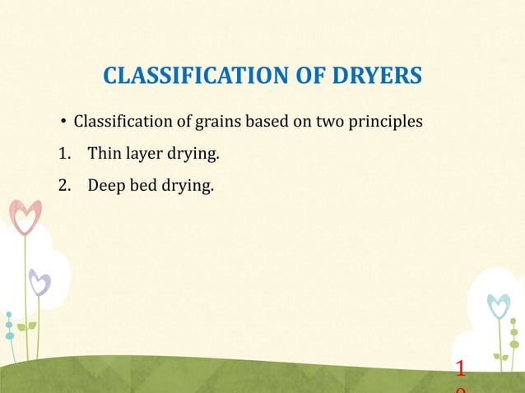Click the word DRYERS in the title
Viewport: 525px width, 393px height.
377,76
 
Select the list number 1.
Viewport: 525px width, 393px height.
63,154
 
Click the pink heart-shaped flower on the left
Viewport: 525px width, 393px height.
26,216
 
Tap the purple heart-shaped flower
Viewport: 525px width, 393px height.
39,284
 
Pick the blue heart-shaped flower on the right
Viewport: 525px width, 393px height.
499,305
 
